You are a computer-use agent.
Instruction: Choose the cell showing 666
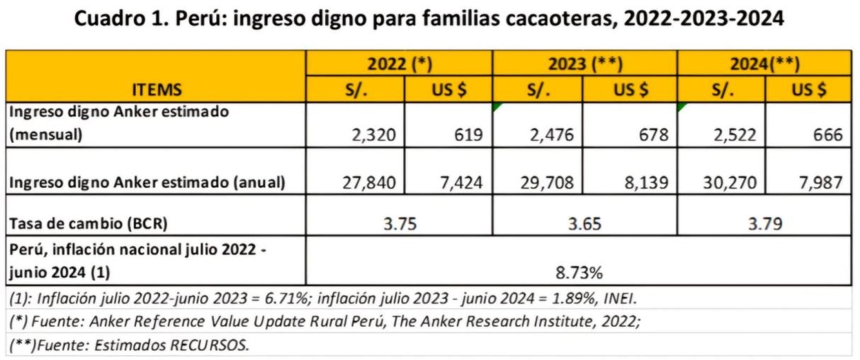(x=826, y=134)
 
